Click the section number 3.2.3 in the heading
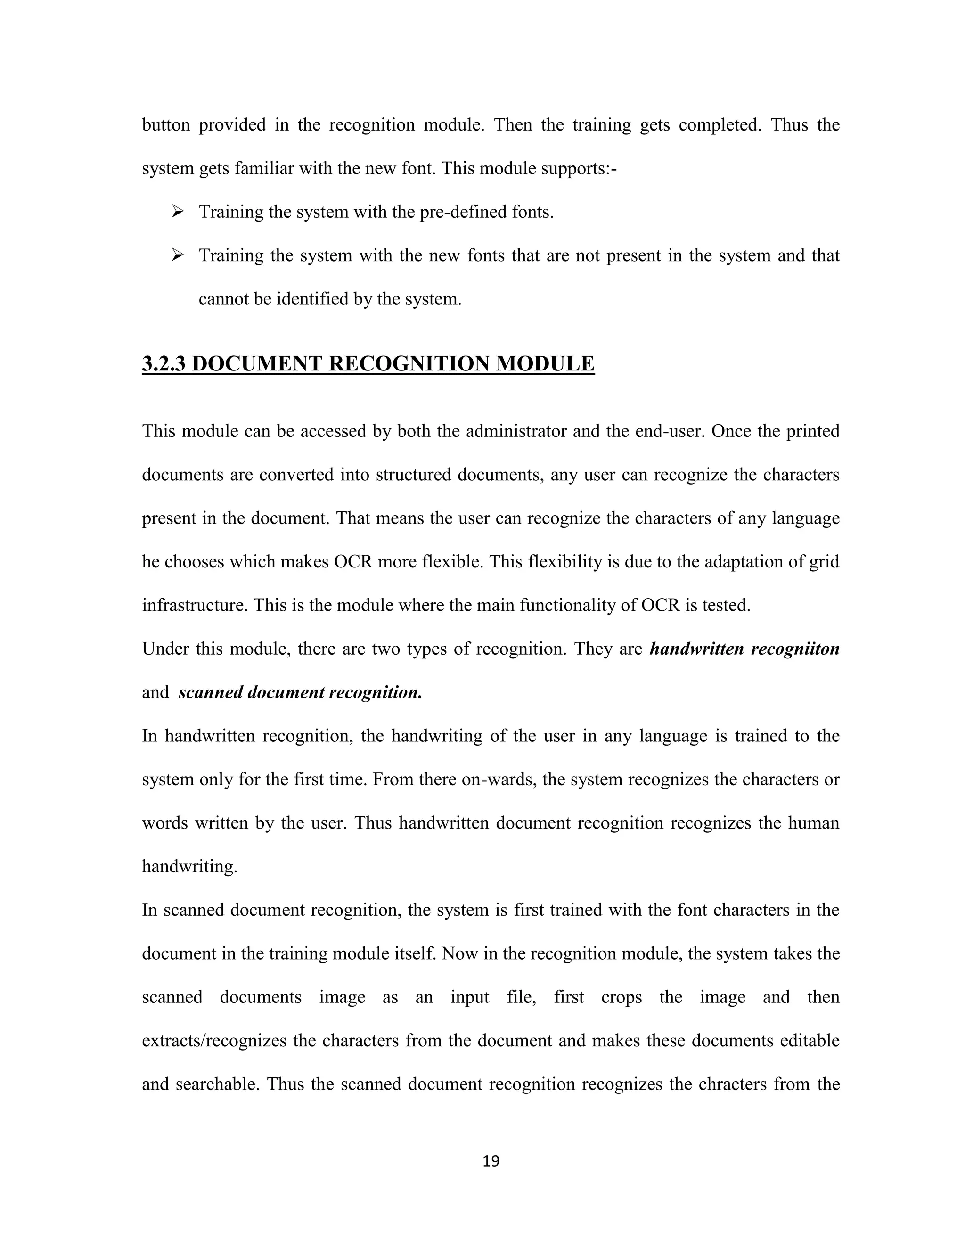[x=164, y=364]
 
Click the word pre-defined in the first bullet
[x=458, y=212]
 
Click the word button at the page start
[x=166, y=125]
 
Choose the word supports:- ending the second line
[x=576, y=169]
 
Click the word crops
[x=621, y=997]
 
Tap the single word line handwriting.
[x=189, y=867]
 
